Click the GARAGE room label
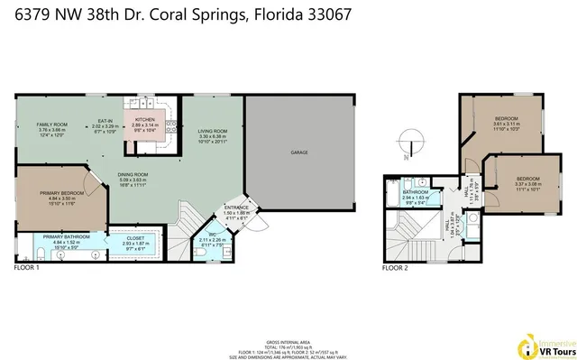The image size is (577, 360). [299, 153]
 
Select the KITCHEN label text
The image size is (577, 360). [146, 119]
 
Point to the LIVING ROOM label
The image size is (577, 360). [213, 131]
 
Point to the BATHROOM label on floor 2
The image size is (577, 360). [416, 192]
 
